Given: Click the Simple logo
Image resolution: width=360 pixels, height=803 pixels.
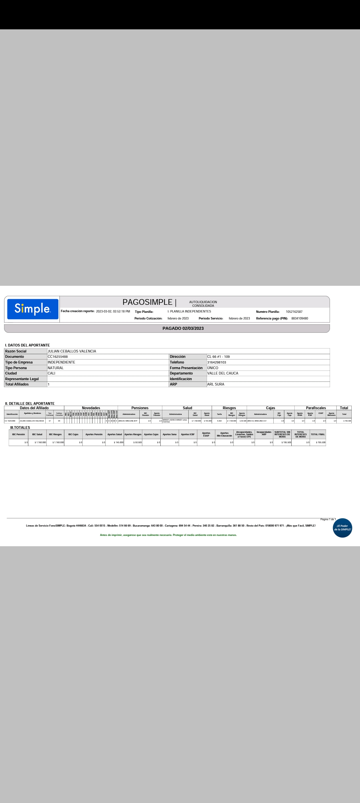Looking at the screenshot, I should pyautogui.click(x=33, y=309).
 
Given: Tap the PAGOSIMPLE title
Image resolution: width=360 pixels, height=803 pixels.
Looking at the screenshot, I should pyautogui.click(x=147, y=302).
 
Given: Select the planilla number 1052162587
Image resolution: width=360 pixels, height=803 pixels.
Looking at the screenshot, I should pyautogui.click(x=294, y=312).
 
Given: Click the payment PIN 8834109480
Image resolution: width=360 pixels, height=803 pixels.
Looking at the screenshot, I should pyautogui.click(x=300, y=318).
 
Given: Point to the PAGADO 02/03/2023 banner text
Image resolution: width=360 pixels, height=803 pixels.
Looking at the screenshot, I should pyautogui.click(x=183, y=328).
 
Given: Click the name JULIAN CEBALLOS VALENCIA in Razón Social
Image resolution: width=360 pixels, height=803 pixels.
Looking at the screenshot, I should pyautogui.click(x=72, y=351).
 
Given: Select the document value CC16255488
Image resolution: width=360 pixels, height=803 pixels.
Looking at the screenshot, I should pyautogui.click(x=58, y=357).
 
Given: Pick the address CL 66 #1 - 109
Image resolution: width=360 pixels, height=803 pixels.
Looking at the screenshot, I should pyautogui.click(x=218, y=357).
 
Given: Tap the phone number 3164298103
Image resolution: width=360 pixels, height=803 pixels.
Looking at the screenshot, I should pyautogui.click(x=217, y=362).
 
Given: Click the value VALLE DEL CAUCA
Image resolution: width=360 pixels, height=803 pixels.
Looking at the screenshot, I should pyautogui.click(x=223, y=373).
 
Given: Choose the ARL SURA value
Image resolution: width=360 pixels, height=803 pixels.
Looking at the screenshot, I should pyautogui.click(x=216, y=384).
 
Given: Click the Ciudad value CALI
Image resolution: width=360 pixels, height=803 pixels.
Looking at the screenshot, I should pyautogui.click(x=51, y=373).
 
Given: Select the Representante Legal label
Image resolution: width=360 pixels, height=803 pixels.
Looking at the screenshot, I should pyautogui.click(x=22, y=379).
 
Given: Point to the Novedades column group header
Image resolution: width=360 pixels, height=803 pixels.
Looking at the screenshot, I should pyautogui.click(x=91, y=408).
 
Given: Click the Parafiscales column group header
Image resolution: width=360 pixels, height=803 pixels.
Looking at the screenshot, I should pyautogui.click(x=316, y=408).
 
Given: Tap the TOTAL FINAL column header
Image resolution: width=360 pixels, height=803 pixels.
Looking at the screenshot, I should pyautogui.click(x=318, y=435).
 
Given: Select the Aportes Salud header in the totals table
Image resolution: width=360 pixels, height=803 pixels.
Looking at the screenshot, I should pyautogui.click(x=114, y=435).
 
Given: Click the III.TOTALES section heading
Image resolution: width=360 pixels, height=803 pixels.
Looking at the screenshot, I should pyautogui.click(x=20, y=428).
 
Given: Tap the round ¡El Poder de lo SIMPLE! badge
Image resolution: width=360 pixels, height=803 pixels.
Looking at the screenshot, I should pyautogui.click(x=342, y=528).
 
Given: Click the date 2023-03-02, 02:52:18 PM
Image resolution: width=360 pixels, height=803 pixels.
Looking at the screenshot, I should pyautogui.click(x=113, y=311).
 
